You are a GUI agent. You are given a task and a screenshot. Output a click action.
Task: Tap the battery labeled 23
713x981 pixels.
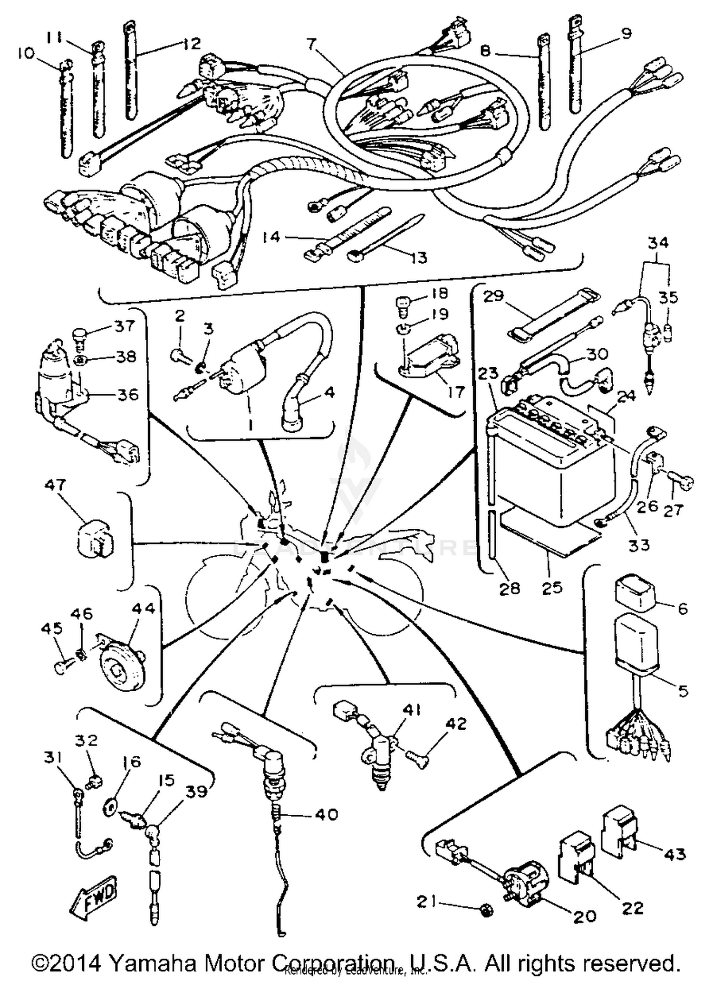(x=551, y=466)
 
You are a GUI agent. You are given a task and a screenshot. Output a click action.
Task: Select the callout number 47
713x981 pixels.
(x=56, y=486)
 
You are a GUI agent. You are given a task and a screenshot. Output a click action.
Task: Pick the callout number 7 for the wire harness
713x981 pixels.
(x=311, y=45)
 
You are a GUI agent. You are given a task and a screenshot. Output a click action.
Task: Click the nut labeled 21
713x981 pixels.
(x=486, y=911)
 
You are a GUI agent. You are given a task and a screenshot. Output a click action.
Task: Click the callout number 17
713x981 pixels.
(x=455, y=392)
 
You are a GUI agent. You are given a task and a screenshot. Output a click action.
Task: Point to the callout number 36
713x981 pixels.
(x=128, y=394)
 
